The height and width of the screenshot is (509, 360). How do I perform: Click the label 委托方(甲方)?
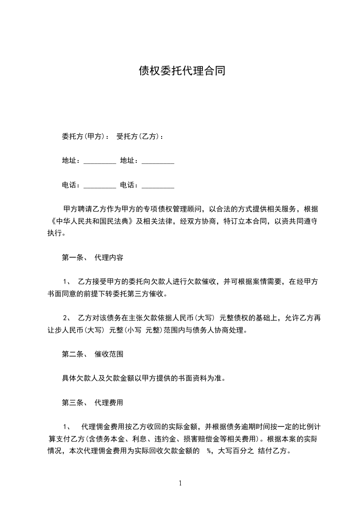coord(84,136)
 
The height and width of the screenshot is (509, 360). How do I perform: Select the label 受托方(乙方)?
coord(139,136)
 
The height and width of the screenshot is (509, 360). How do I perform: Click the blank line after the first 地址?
coord(100,162)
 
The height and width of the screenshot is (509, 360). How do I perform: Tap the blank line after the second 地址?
coord(158,162)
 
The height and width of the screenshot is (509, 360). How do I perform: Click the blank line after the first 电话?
coord(100,186)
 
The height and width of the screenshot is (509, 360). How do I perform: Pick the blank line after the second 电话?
coord(158,186)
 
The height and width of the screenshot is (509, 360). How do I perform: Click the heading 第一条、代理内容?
coord(93,257)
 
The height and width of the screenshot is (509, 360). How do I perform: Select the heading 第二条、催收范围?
coord(93,354)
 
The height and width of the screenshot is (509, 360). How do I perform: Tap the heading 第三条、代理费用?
coord(93,402)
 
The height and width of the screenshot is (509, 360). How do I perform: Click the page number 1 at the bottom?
coord(180,483)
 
